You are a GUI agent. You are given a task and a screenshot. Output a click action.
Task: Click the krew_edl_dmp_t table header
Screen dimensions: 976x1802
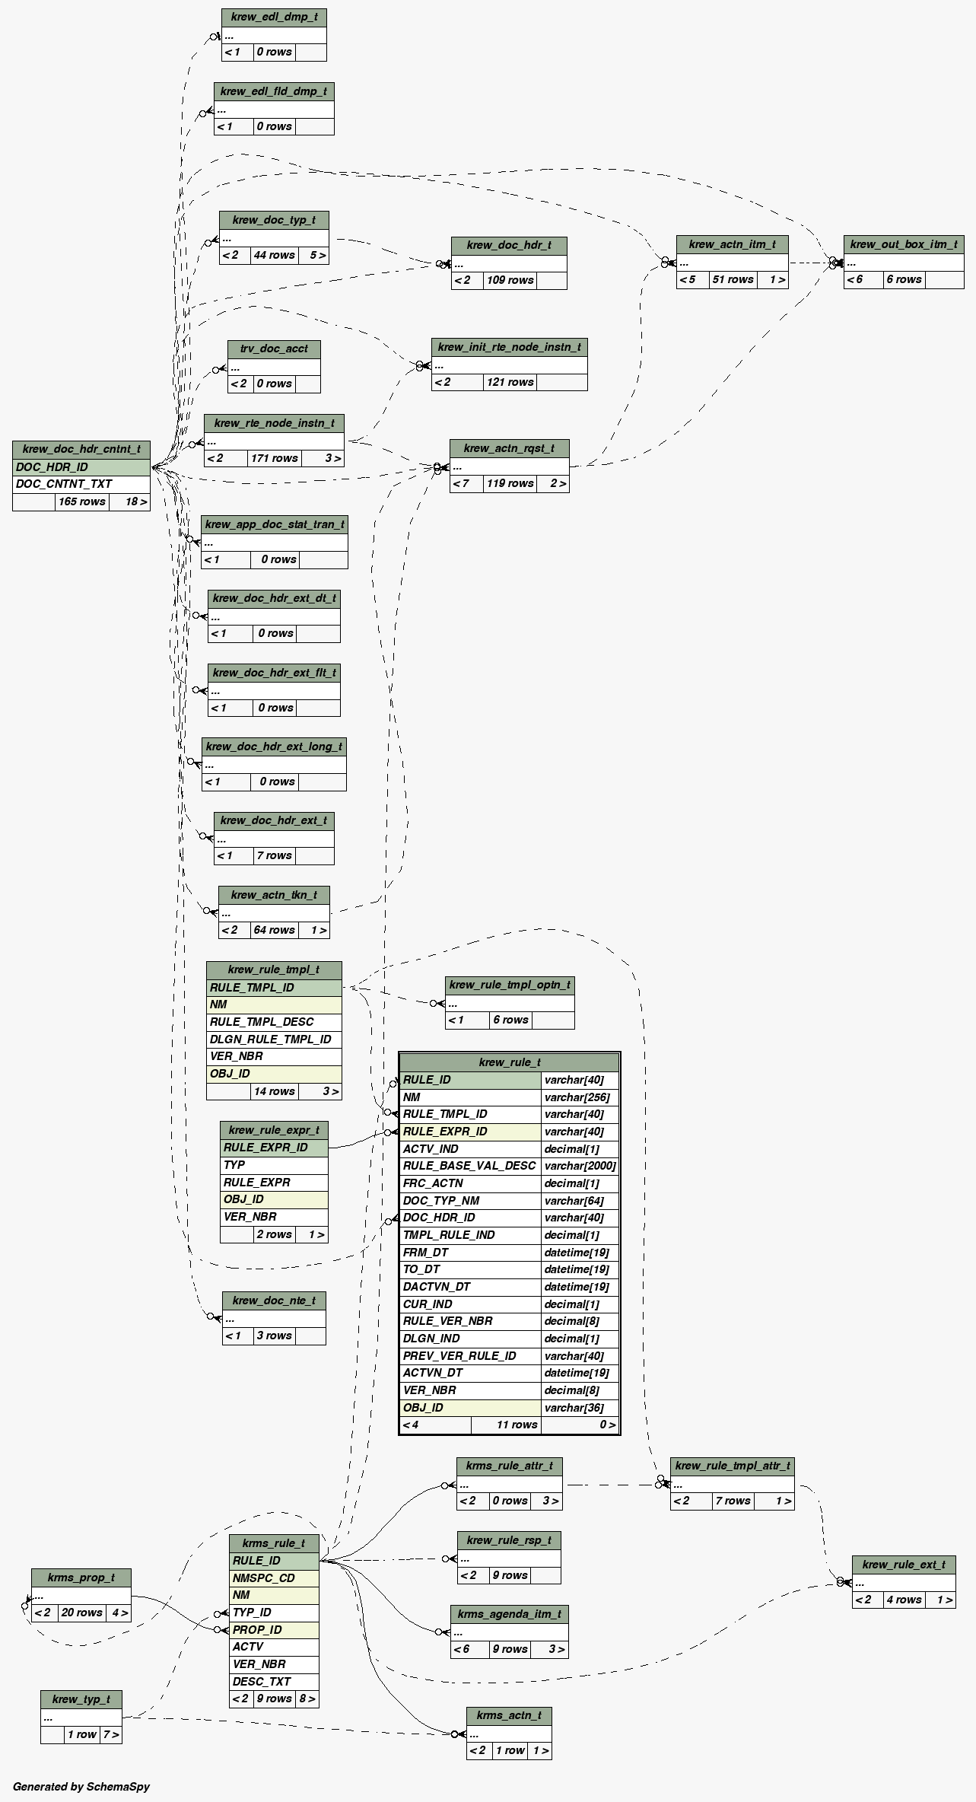pyautogui.click(x=274, y=17)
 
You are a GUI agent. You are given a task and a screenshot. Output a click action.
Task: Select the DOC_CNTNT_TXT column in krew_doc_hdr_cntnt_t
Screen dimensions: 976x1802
pyautogui.click(x=81, y=484)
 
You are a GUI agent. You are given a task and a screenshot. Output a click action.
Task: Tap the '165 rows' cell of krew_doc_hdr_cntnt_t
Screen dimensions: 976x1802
pyautogui.click(x=81, y=501)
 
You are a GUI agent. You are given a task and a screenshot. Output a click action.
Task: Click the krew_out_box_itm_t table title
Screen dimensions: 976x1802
pyautogui.click(x=903, y=244)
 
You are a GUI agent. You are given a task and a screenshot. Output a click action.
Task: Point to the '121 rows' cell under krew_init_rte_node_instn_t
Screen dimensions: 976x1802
pyautogui.click(x=510, y=382)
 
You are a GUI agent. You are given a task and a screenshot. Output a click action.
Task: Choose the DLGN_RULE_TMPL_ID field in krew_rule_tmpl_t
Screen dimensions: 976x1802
pyautogui.click(x=273, y=1039)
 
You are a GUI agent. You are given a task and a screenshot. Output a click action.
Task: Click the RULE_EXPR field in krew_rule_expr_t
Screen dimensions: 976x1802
pyautogui.click(x=274, y=1183)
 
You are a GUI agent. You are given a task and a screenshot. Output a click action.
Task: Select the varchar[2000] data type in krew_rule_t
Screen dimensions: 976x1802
pyautogui.click(x=580, y=1166)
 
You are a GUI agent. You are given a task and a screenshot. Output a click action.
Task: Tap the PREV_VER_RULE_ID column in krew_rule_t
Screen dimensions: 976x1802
pyautogui.click(x=470, y=1356)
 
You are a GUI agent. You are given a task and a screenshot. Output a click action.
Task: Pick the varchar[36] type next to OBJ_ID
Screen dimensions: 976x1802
pyautogui.click(x=580, y=1408)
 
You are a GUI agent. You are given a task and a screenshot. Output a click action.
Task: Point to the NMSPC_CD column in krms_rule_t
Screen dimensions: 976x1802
pyautogui.click(x=274, y=1578)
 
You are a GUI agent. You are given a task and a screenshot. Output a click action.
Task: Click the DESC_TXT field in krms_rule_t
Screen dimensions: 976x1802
pyautogui.click(x=274, y=1681)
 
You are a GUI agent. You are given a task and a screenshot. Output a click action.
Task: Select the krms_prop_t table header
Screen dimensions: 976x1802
pyautogui.click(x=81, y=1578)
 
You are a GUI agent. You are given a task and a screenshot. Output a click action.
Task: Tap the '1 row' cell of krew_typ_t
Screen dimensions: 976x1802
pyautogui.click(x=81, y=1734)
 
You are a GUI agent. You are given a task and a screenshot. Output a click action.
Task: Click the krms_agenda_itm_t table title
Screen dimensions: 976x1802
pyautogui.click(x=509, y=1614)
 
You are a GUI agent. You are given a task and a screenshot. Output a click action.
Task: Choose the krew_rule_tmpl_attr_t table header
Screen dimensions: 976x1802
pyautogui.click(x=732, y=1466)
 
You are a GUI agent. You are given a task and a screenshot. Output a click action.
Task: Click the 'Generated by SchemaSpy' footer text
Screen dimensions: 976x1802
pyautogui.click(x=81, y=1786)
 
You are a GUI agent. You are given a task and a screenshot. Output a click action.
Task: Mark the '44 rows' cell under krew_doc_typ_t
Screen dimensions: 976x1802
pyautogui.click(x=275, y=256)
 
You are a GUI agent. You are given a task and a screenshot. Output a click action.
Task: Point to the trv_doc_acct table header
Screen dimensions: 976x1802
pyautogui.click(x=274, y=349)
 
